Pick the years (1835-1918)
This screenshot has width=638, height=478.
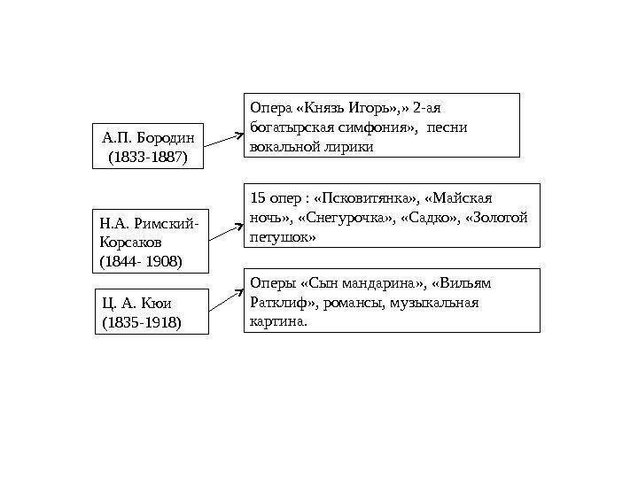142,323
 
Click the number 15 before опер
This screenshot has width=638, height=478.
256,196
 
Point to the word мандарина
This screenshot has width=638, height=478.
381,284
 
